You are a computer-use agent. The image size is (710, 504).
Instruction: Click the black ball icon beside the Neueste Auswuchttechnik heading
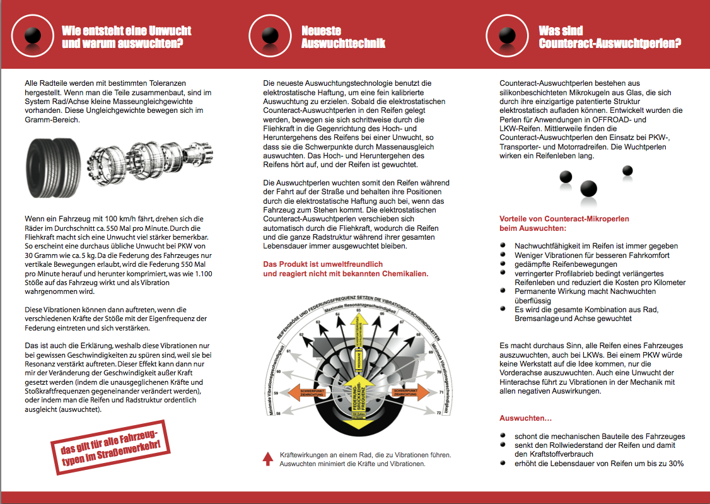(x=271, y=35)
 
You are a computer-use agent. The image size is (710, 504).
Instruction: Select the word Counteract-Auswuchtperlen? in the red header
(x=610, y=44)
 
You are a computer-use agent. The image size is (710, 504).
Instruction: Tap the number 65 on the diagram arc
(x=357, y=310)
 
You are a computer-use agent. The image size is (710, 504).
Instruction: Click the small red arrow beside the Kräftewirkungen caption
(x=268, y=458)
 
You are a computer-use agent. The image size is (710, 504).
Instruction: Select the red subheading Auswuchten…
(x=525, y=418)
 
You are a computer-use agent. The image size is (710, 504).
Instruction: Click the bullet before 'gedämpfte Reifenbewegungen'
(x=502, y=264)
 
